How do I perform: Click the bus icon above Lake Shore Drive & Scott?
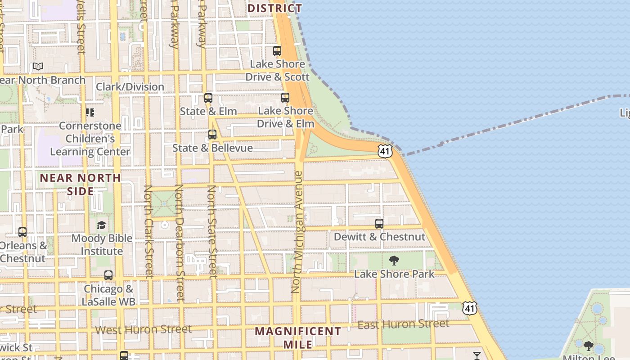[277, 51]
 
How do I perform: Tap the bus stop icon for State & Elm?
[208, 98]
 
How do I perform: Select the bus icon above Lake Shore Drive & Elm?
[285, 98]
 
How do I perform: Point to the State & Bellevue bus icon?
[212, 135]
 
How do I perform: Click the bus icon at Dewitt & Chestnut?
[379, 224]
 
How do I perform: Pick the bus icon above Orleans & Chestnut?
[22, 232]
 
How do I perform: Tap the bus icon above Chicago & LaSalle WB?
[108, 275]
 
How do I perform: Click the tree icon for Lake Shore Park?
[394, 261]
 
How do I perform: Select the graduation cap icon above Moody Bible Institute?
[102, 225]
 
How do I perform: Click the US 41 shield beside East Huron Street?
[470, 308]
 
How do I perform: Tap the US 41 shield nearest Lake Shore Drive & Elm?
[384, 151]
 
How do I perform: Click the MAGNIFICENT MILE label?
[298, 338]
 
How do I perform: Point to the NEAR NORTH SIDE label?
[81, 184]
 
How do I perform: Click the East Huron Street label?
[403, 324]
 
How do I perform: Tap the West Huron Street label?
[143, 330]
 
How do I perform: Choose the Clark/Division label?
[130, 87]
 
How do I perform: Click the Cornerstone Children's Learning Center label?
[90, 139]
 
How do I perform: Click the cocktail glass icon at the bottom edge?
[477, 356]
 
